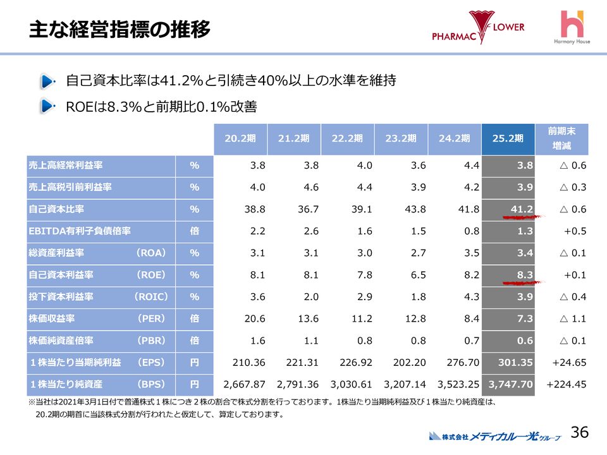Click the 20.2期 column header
pyautogui.click(x=240, y=140)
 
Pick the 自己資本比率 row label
pyautogui.click(x=57, y=209)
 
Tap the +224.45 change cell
pyautogui.click(x=567, y=384)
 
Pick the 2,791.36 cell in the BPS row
pyautogui.click(x=297, y=384)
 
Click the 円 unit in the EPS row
pyautogui.click(x=195, y=362)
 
